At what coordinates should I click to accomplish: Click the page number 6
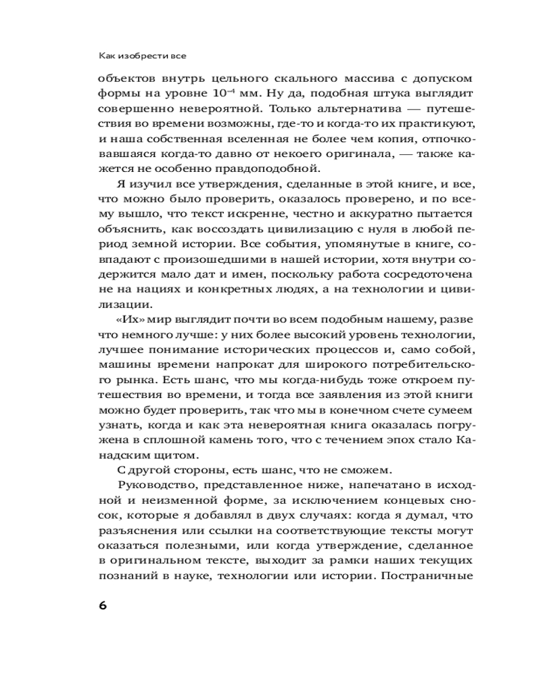[x=103, y=605]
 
